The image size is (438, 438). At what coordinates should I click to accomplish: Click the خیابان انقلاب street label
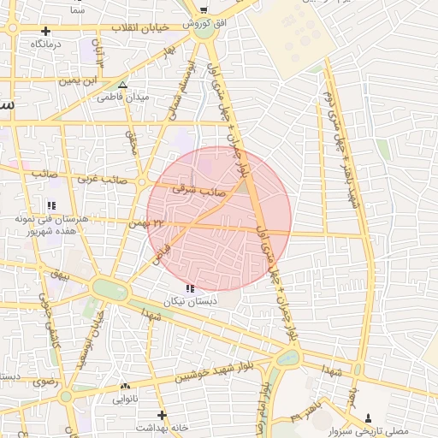pyautogui.click(x=146, y=27)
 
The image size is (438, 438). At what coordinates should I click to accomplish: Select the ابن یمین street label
pyautogui.click(x=77, y=81)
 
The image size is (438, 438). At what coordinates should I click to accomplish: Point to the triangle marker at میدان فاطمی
pyautogui.click(x=122, y=85)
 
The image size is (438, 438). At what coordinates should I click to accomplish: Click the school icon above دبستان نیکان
pyautogui.click(x=189, y=289)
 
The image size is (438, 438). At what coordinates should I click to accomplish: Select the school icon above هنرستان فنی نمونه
pyautogui.click(x=51, y=205)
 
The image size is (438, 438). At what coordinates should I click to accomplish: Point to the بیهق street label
pyautogui.click(x=58, y=275)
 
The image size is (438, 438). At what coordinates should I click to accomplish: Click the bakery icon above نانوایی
pyautogui.click(x=125, y=387)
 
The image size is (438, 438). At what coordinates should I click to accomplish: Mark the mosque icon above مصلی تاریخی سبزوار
pyautogui.click(x=369, y=417)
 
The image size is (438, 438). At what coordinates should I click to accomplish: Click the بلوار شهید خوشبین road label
pyautogui.click(x=205, y=370)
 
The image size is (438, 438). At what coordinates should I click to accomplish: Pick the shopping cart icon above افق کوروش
pyautogui.click(x=203, y=10)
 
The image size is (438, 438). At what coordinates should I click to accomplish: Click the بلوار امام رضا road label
pyautogui.click(x=264, y=402)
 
